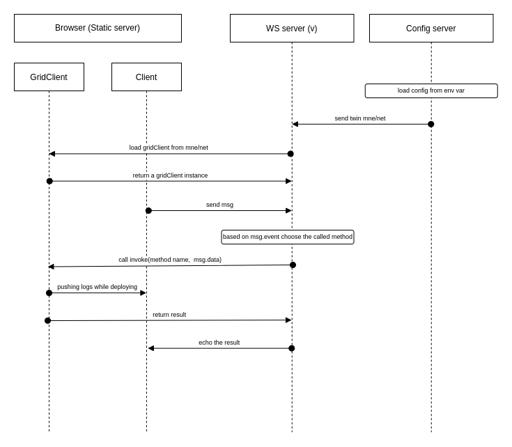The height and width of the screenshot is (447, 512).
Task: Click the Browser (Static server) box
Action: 98,28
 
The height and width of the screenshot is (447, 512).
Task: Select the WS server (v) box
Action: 291,29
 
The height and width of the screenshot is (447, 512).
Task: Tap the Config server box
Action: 430,29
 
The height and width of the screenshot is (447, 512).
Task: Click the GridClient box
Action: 49,77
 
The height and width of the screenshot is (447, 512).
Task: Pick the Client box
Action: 146,77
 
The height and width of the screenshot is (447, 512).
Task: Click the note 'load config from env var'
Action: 430,91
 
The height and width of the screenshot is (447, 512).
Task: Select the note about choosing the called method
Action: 287,237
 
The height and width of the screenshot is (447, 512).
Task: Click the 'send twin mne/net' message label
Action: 359,118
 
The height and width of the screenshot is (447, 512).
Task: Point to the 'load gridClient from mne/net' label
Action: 169,148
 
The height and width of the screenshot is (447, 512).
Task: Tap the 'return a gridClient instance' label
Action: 170,175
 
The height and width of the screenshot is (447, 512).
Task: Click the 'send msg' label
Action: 219,205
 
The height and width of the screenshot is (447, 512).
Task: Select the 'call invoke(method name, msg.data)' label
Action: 170,260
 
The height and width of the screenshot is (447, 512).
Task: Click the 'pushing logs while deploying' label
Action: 97,287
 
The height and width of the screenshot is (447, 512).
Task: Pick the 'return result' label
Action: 169,315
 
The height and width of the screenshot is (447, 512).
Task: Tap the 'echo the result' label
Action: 219,343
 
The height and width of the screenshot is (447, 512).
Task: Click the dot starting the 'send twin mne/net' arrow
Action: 430,124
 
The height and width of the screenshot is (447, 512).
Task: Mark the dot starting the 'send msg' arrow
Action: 148,210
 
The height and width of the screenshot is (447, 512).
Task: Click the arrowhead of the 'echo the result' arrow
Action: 151,348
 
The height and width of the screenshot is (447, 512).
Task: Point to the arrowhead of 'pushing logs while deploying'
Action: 143,293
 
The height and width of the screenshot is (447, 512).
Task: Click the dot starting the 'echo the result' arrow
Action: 291,348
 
